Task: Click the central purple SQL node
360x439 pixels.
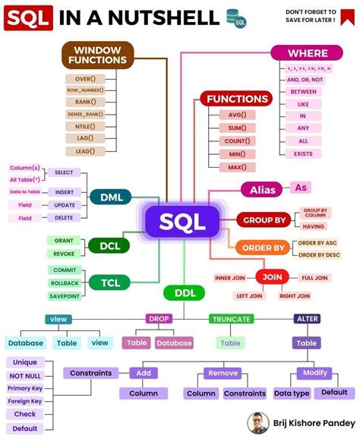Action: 182,223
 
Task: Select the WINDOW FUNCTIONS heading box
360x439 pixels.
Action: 97,54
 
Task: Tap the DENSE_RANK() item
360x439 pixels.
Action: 85,115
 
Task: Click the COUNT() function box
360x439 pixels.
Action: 237,141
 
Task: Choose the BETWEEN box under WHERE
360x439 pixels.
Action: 303,91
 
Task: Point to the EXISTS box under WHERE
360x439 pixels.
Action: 303,153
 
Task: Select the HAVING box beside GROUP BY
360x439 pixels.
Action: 314,226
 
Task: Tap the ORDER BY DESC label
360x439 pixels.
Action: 318,254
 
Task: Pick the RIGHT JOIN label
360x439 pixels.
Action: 295,295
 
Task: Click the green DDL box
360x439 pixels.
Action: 181,292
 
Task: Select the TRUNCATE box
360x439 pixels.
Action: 230,319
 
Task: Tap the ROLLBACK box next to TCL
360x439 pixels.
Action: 65,283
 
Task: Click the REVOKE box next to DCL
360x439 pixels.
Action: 65,254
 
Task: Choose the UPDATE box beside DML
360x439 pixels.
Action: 65,205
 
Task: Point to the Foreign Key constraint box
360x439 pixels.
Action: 24,400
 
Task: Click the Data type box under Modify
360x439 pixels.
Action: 292,393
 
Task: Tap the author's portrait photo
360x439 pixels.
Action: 258,423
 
